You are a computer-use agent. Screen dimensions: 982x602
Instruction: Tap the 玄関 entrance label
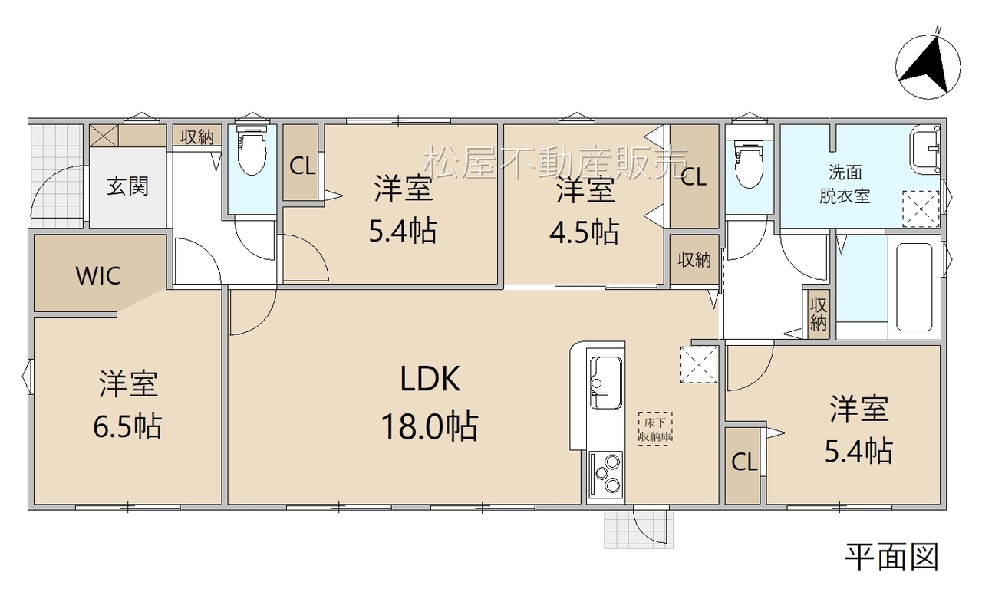coord(127,186)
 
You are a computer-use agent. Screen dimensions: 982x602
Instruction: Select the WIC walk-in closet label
coord(97,275)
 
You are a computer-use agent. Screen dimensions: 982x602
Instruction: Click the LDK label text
coord(430,379)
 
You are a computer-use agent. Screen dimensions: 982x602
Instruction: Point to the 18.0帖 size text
coord(430,426)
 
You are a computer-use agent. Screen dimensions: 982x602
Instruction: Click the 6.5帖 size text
coord(127,426)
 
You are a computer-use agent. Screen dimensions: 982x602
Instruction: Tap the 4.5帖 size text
coord(585,232)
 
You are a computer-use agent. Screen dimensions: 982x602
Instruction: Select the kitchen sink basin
coord(605,383)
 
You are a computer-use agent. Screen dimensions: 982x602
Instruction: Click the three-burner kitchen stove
coord(606,475)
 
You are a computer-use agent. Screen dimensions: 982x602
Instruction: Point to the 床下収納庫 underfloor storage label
coord(655,429)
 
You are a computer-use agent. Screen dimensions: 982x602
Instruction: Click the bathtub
coord(914,288)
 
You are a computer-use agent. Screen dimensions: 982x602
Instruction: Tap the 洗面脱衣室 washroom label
coord(845,185)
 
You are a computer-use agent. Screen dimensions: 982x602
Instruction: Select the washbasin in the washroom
coord(925,150)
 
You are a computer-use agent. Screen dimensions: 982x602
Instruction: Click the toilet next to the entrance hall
coord(252,150)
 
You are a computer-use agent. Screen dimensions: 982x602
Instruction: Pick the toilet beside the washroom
coord(750,163)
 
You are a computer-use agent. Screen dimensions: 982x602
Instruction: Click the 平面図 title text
coord(892,558)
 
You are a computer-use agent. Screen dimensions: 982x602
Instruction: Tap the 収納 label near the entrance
coord(197,137)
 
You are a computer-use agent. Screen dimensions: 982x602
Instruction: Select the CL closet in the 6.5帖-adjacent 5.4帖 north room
coord(302,166)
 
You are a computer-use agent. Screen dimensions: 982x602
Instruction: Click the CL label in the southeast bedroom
coord(744,462)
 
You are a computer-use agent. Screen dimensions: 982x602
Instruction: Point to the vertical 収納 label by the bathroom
coord(818,314)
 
